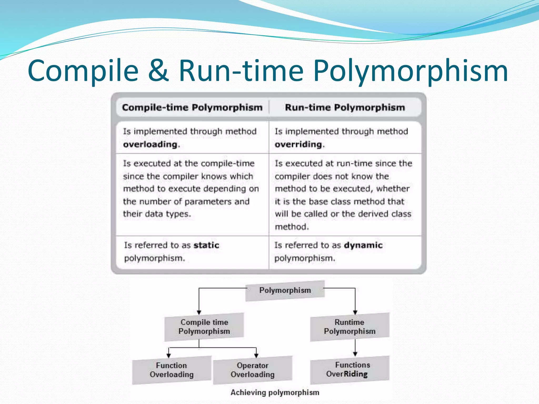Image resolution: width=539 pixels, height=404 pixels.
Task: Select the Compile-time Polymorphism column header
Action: [x=192, y=108]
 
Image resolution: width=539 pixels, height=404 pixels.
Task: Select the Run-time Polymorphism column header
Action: [x=345, y=108]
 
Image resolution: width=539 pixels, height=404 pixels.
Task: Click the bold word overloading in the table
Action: [x=150, y=144]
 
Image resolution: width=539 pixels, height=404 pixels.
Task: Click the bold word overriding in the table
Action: [x=298, y=144]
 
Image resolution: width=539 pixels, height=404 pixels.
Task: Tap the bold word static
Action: [x=206, y=245]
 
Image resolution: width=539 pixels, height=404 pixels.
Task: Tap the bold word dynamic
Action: [x=363, y=245]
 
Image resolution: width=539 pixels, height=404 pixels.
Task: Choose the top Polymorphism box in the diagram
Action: [x=285, y=290]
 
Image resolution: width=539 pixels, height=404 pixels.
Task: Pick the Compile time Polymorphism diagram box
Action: [x=204, y=327]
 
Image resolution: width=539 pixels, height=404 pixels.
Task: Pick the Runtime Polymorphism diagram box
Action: [x=350, y=327]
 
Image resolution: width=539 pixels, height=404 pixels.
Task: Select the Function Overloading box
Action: [x=172, y=370]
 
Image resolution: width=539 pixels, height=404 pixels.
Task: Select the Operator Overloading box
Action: [x=253, y=370]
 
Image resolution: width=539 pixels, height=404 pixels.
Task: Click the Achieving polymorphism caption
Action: [x=275, y=392]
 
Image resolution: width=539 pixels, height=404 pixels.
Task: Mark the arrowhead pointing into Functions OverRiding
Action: [x=355, y=354]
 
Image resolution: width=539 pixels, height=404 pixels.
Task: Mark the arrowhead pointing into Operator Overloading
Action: [x=256, y=356]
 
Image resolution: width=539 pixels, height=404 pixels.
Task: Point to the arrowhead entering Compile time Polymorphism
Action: [x=199, y=312]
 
